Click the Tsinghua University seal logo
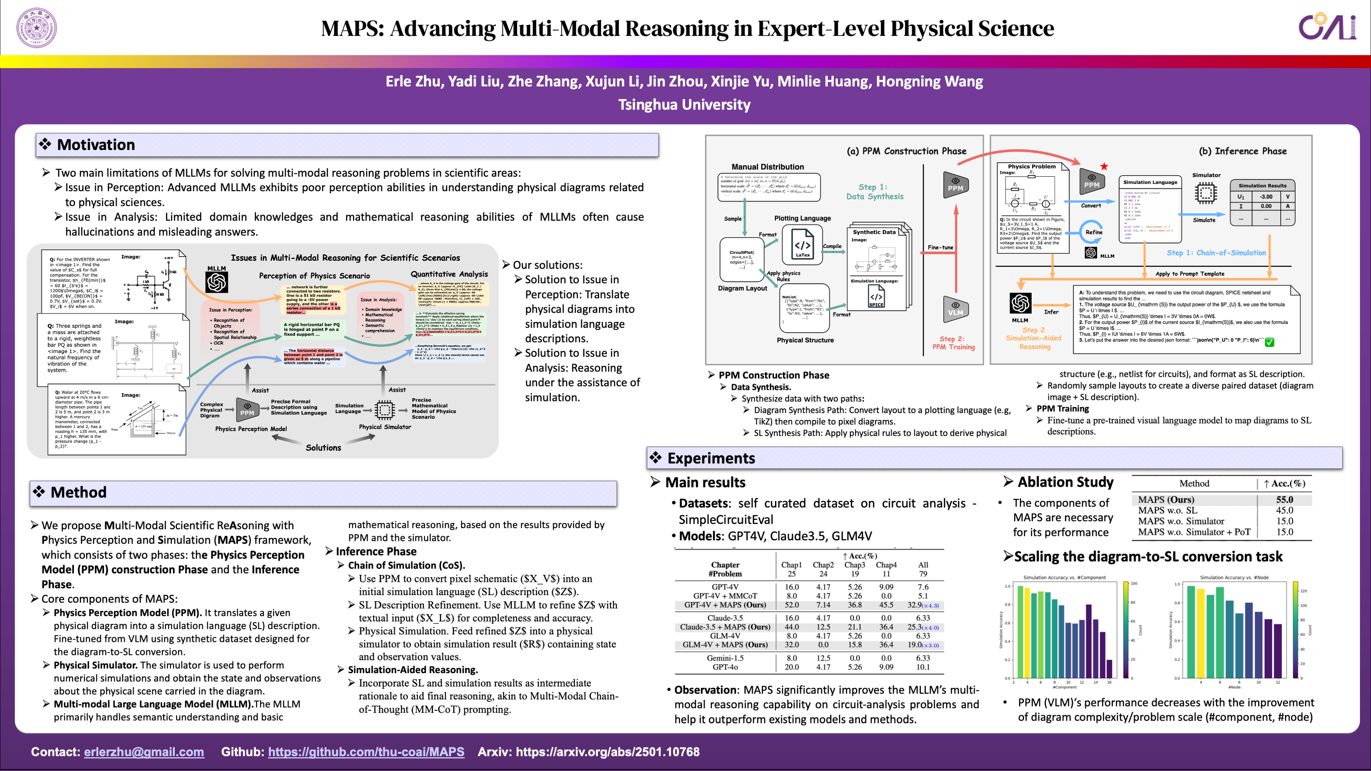pos(36,28)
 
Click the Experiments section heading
pos(711,458)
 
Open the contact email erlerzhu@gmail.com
pos(144,752)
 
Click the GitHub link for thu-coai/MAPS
pos(366,752)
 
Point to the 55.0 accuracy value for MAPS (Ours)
pos(1284,500)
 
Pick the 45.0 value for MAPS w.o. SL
pos(1284,510)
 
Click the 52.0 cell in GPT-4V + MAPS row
pos(791,605)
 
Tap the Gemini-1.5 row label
pos(725,658)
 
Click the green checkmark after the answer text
pos(1269,342)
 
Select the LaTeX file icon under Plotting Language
pos(802,244)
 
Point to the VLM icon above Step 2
pos(956,309)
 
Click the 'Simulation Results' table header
pos(1262,186)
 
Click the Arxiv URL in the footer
pos(607,752)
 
